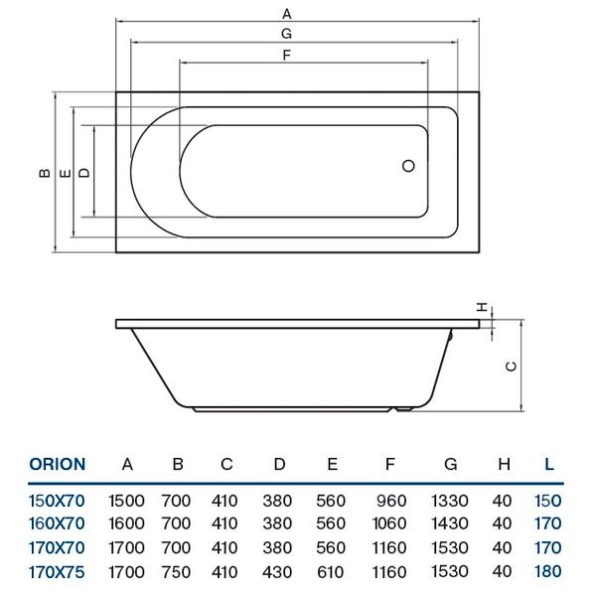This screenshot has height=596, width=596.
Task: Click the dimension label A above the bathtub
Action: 286,14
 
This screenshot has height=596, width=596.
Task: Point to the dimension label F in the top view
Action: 286,56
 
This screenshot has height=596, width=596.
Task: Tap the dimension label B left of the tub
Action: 44,173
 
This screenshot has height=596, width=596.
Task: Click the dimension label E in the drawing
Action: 65,173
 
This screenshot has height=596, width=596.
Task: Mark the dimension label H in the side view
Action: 481,307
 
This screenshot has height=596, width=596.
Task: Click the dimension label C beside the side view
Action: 511,366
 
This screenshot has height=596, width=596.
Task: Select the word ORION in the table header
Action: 58,464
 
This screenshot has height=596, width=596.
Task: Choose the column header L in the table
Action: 548,464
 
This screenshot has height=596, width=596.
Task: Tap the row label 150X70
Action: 57,499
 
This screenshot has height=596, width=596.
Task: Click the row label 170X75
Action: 57,571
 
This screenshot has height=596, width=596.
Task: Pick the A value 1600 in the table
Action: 126,522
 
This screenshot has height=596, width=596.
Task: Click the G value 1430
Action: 451,522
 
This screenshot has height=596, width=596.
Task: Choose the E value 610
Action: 333,571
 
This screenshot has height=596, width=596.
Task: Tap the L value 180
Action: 548,571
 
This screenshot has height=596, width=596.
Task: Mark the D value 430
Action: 279,571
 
